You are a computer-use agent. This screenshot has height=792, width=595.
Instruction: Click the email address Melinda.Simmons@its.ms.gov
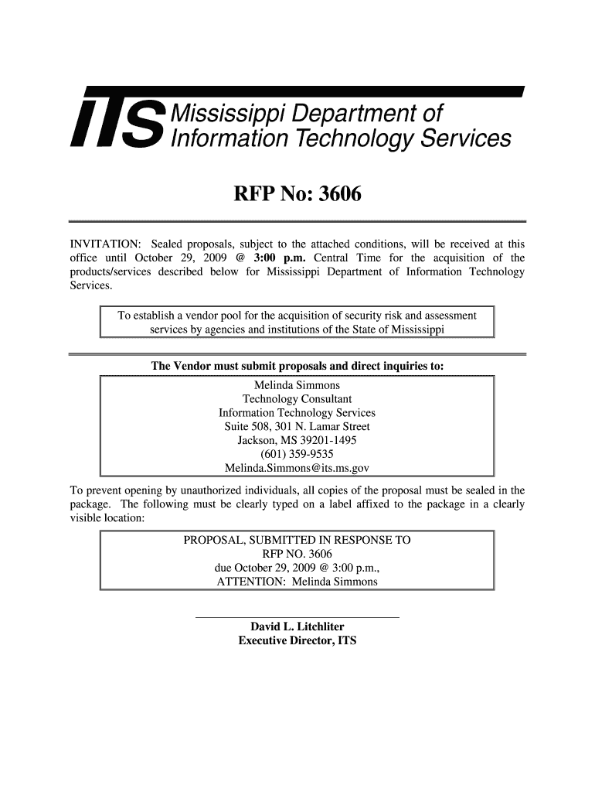point(297,469)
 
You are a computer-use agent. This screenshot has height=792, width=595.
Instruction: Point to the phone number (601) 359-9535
point(297,455)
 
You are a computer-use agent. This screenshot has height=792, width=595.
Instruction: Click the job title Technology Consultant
point(297,399)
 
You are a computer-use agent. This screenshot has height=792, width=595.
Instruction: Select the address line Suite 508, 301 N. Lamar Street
point(297,427)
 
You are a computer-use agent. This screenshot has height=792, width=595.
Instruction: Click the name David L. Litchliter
point(297,626)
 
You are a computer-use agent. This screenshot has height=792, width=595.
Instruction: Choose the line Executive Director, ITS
point(297,641)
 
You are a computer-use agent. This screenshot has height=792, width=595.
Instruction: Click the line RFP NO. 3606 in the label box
point(297,554)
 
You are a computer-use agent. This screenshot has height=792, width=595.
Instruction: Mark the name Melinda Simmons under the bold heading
point(297,385)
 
